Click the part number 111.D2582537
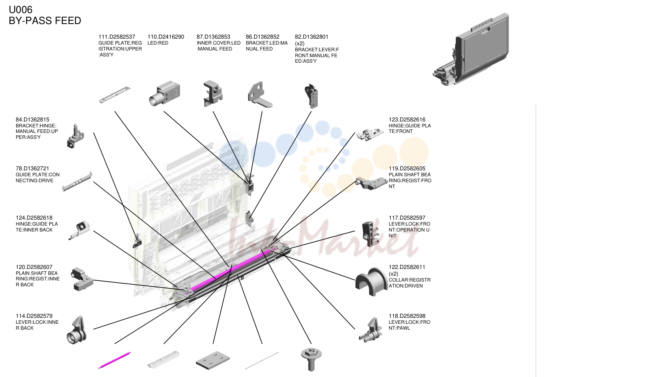tap(117, 37)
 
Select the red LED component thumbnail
tap(164, 93)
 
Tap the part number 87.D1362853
tap(213, 37)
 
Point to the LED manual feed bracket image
tap(260, 94)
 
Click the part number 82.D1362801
tap(311, 37)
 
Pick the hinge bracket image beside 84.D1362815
tap(75, 136)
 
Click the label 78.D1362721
tap(32, 168)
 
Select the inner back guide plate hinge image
tap(79, 230)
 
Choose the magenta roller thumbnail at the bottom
tap(115, 360)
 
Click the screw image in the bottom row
tap(311, 359)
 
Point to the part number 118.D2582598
tap(407, 316)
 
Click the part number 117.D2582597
tap(407, 218)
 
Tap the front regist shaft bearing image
tap(371, 183)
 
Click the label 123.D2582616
tap(407, 119)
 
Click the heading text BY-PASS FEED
tap(45, 21)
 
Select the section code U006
tap(20, 9)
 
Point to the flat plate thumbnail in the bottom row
tap(213, 360)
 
